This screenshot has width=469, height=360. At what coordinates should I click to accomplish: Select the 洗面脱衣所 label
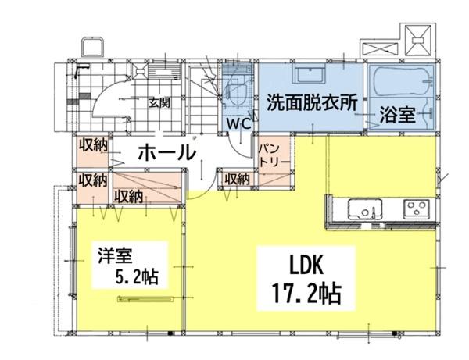pos(311,102)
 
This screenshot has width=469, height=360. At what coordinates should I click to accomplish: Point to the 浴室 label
pos(397,115)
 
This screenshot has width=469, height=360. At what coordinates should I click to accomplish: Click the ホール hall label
pos(166,152)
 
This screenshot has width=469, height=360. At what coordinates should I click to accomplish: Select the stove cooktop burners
pos(414,209)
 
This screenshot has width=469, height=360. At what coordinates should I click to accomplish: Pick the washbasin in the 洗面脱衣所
pos(311,75)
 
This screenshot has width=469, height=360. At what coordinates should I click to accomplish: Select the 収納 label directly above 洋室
pos(128,196)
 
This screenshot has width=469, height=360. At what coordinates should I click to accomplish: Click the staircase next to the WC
pos(203,98)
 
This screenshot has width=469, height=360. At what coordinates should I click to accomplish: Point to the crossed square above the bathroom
pos(421,35)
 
